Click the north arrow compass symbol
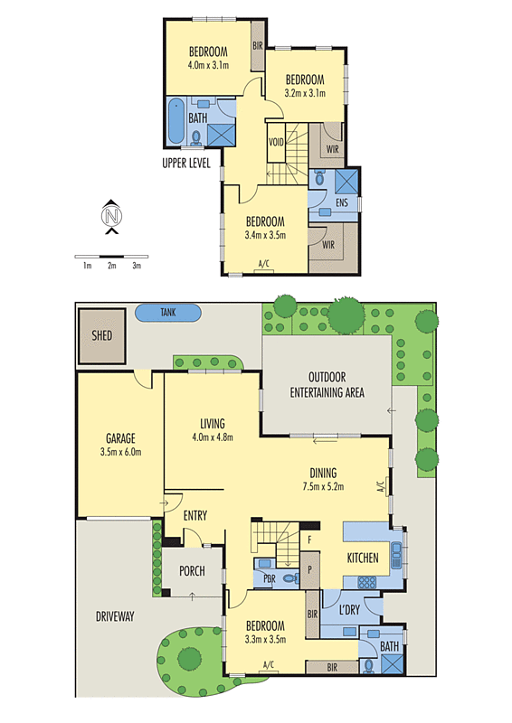tap(110, 216)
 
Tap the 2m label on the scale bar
tap(111, 266)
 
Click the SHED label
tap(101, 334)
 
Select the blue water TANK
tap(167, 313)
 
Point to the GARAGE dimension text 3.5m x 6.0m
tap(120, 452)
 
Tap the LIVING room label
tap(212, 423)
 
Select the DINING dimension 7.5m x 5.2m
tap(322, 487)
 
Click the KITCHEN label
tap(363, 559)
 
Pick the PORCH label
tap(192, 571)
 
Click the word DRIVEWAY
tap(114, 616)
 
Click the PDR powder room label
tap(269, 578)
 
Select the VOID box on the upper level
tap(277, 143)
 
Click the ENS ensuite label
tap(341, 203)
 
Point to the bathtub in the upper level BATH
tap(175, 122)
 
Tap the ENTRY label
tap(195, 515)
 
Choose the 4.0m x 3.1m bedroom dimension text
tap(208, 65)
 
